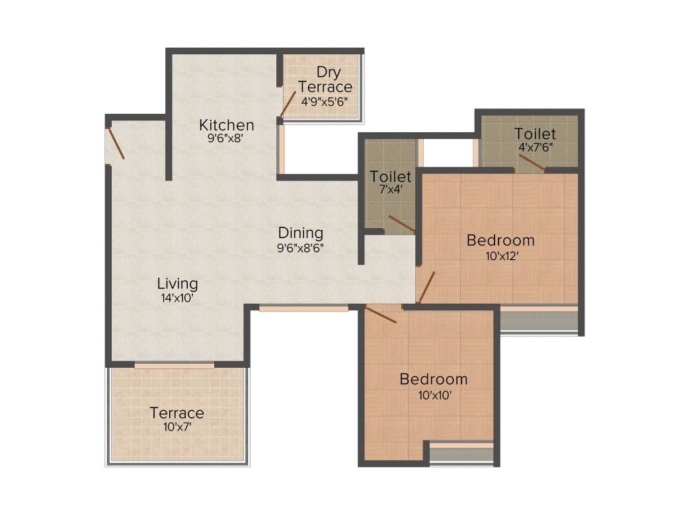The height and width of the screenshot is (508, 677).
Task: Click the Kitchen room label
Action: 227,125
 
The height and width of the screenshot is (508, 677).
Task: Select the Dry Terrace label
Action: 325,79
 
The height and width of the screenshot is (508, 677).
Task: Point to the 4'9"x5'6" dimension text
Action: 324,102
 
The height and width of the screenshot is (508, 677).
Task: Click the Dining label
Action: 300,233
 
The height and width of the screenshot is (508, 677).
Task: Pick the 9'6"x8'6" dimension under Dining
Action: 300,248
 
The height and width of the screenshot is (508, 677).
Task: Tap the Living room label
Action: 177,284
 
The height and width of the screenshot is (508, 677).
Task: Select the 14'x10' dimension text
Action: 177,298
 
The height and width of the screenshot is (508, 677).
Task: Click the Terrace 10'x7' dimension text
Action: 177,427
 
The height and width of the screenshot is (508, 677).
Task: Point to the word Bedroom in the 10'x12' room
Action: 500,239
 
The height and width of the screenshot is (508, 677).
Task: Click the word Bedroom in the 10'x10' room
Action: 433,380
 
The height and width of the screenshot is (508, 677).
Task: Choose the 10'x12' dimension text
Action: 500,255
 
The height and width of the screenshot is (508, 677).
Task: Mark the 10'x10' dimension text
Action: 433,395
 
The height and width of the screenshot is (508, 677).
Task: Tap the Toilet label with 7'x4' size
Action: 391,177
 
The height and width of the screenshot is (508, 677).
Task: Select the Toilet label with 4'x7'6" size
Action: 536,134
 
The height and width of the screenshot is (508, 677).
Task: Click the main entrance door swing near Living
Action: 116,144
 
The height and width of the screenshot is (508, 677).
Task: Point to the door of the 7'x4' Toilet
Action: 401,224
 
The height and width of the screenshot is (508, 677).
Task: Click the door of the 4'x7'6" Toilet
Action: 532,163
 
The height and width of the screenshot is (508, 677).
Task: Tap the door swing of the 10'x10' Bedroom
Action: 380,314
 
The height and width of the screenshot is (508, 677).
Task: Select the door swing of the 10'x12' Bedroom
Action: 426,286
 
